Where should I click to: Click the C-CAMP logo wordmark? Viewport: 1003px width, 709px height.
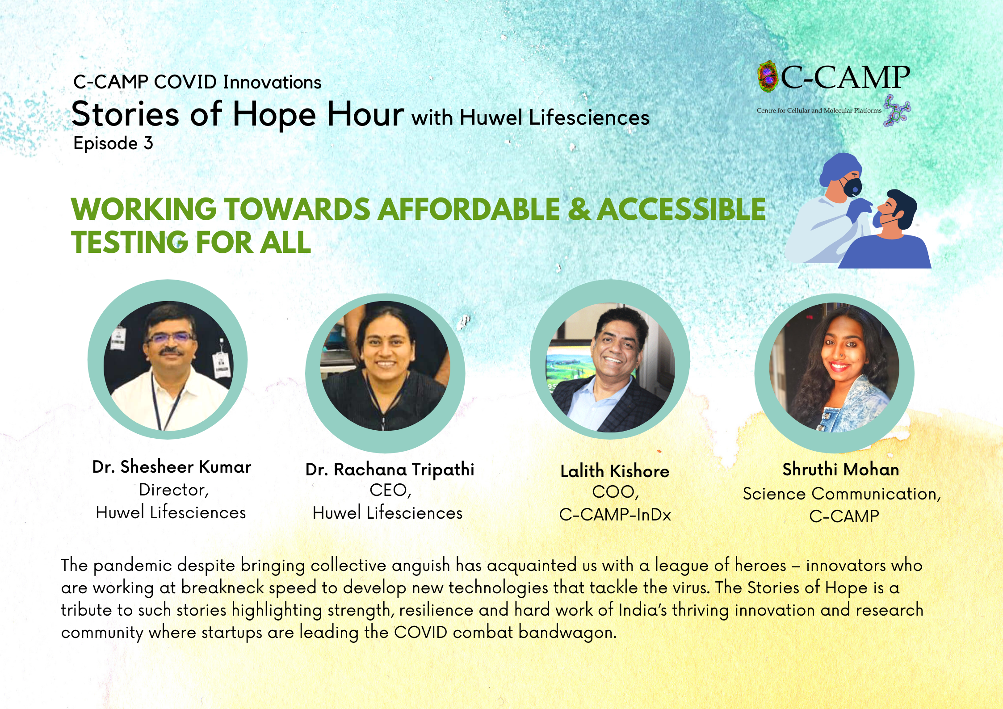point(845,78)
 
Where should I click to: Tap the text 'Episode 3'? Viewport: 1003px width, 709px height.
point(113,143)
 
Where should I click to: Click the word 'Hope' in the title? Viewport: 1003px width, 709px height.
point(274,114)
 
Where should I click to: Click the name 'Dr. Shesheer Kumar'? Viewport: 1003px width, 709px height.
point(172,467)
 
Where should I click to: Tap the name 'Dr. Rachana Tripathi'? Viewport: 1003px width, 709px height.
point(390,470)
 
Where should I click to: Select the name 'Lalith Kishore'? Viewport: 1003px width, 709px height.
point(615,471)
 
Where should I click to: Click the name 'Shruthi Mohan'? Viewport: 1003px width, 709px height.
point(841,470)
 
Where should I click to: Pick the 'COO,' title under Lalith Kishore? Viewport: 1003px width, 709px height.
point(615,492)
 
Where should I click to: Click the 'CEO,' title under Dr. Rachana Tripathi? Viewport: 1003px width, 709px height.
point(390,491)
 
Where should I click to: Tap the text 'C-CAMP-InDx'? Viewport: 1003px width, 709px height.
point(615,515)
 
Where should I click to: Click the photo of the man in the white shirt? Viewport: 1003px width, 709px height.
point(168,366)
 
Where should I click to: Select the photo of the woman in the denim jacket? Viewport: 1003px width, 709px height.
point(834,367)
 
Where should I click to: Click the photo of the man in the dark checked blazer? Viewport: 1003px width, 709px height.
point(610,367)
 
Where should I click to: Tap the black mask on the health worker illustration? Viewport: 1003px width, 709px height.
point(851,186)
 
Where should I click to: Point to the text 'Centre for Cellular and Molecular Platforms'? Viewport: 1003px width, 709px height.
point(819,110)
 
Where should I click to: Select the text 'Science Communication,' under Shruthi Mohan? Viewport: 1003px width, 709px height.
point(842,494)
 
